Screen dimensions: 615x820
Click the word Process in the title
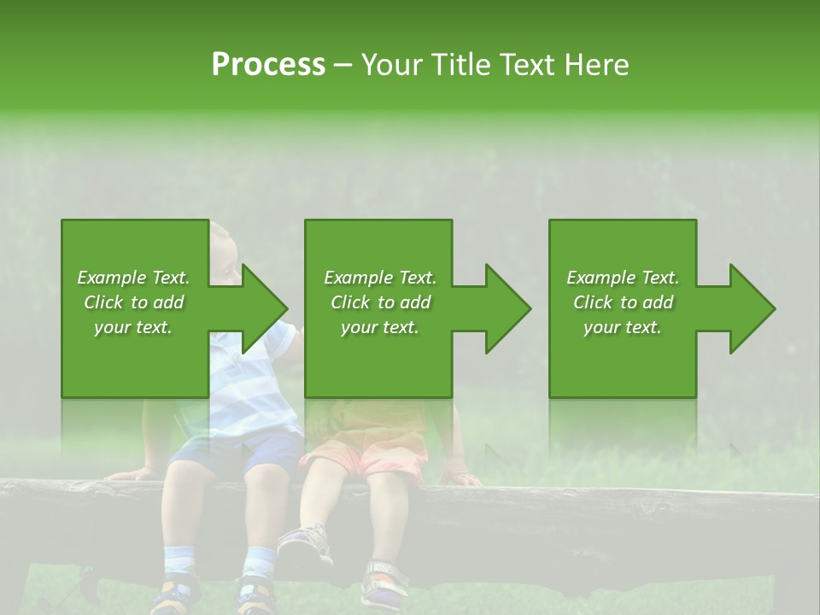click(268, 65)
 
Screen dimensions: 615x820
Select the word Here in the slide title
click(595, 65)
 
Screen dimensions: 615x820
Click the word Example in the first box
click(110, 278)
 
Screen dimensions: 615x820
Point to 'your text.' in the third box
click(623, 327)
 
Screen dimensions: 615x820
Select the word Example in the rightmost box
click(600, 278)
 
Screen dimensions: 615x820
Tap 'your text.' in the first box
click(133, 327)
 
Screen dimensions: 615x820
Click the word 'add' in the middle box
click(414, 302)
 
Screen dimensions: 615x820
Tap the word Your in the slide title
click(395, 65)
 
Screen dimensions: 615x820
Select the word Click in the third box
click(594, 302)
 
